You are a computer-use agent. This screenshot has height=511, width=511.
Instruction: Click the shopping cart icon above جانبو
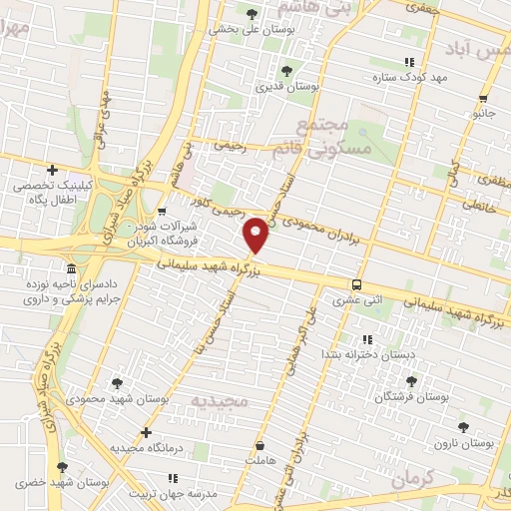[x=483, y=98]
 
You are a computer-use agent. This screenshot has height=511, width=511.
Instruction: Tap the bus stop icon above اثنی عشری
[x=357, y=284]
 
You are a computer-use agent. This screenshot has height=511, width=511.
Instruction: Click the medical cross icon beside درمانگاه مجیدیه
[x=147, y=432]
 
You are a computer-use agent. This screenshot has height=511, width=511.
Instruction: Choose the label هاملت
[x=258, y=461]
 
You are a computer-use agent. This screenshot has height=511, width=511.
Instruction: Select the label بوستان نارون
[x=464, y=442]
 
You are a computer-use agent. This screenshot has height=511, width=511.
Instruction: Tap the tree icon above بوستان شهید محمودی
[x=118, y=383]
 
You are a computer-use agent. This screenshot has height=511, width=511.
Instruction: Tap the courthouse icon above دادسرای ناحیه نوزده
[x=71, y=269]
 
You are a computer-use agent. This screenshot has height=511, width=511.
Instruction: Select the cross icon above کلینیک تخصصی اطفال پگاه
[x=52, y=171]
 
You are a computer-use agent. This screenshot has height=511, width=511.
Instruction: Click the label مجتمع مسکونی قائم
[x=334, y=136]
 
